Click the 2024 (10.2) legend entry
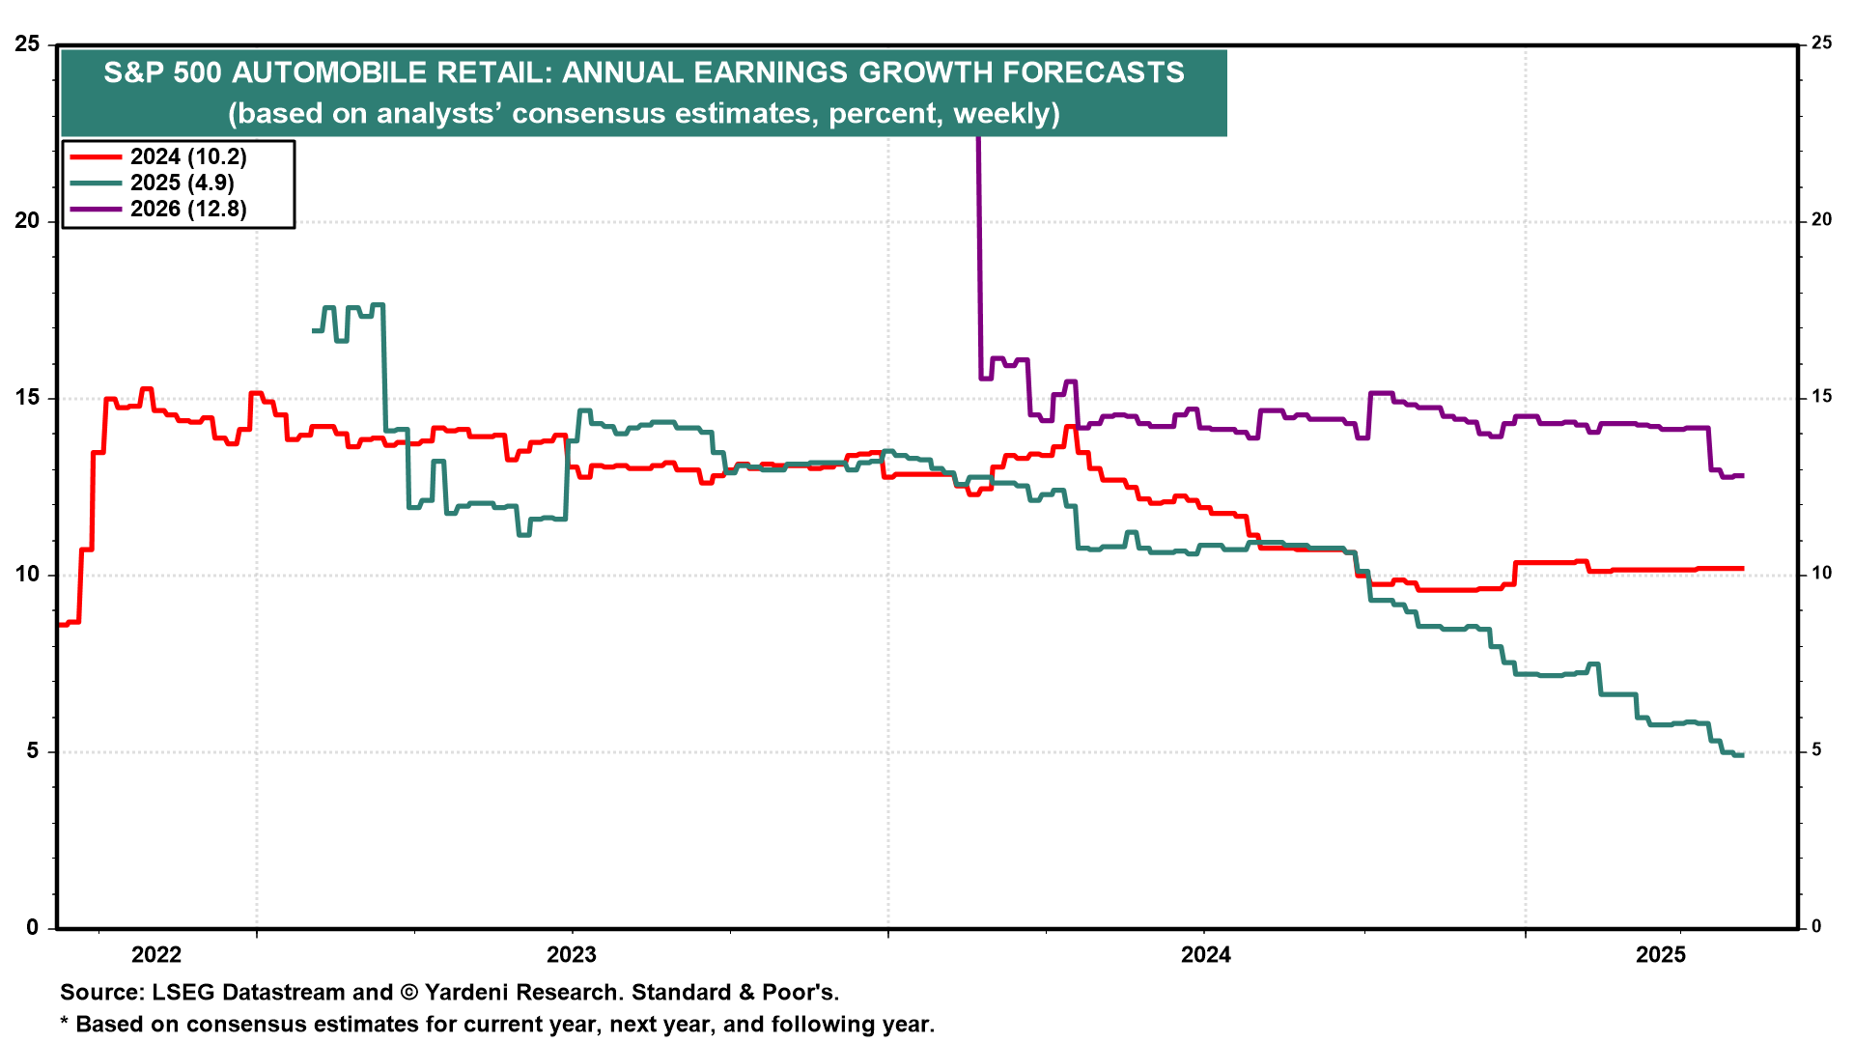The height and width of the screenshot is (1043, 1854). click(x=188, y=156)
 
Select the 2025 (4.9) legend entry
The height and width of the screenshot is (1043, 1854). click(x=183, y=183)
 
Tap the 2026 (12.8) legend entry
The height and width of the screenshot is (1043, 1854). click(x=188, y=209)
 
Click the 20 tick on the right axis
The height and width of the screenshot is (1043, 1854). click(x=1822, y=220)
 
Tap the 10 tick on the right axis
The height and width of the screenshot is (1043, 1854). click(x=1822, y=574)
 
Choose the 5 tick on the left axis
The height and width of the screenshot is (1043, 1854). click(x=33, y=750)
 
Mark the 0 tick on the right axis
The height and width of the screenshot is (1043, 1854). click(x=1816, y=926)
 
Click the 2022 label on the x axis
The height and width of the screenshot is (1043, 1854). click(x=156, y=955)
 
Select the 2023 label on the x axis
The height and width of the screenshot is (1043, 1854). click(x=572, y=955)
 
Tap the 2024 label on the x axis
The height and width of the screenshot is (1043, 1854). click(x=1206, y=955)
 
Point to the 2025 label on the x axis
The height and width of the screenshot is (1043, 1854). click(x=1660, y=955)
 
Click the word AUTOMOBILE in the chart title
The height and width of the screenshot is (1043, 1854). click(x=329, y=72)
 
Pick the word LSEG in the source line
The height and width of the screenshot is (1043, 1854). click(x=182, y=993)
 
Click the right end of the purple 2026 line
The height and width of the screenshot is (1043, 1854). click(x=1742, y=475)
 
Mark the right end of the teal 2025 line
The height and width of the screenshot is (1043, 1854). click(x=1742, y=754)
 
